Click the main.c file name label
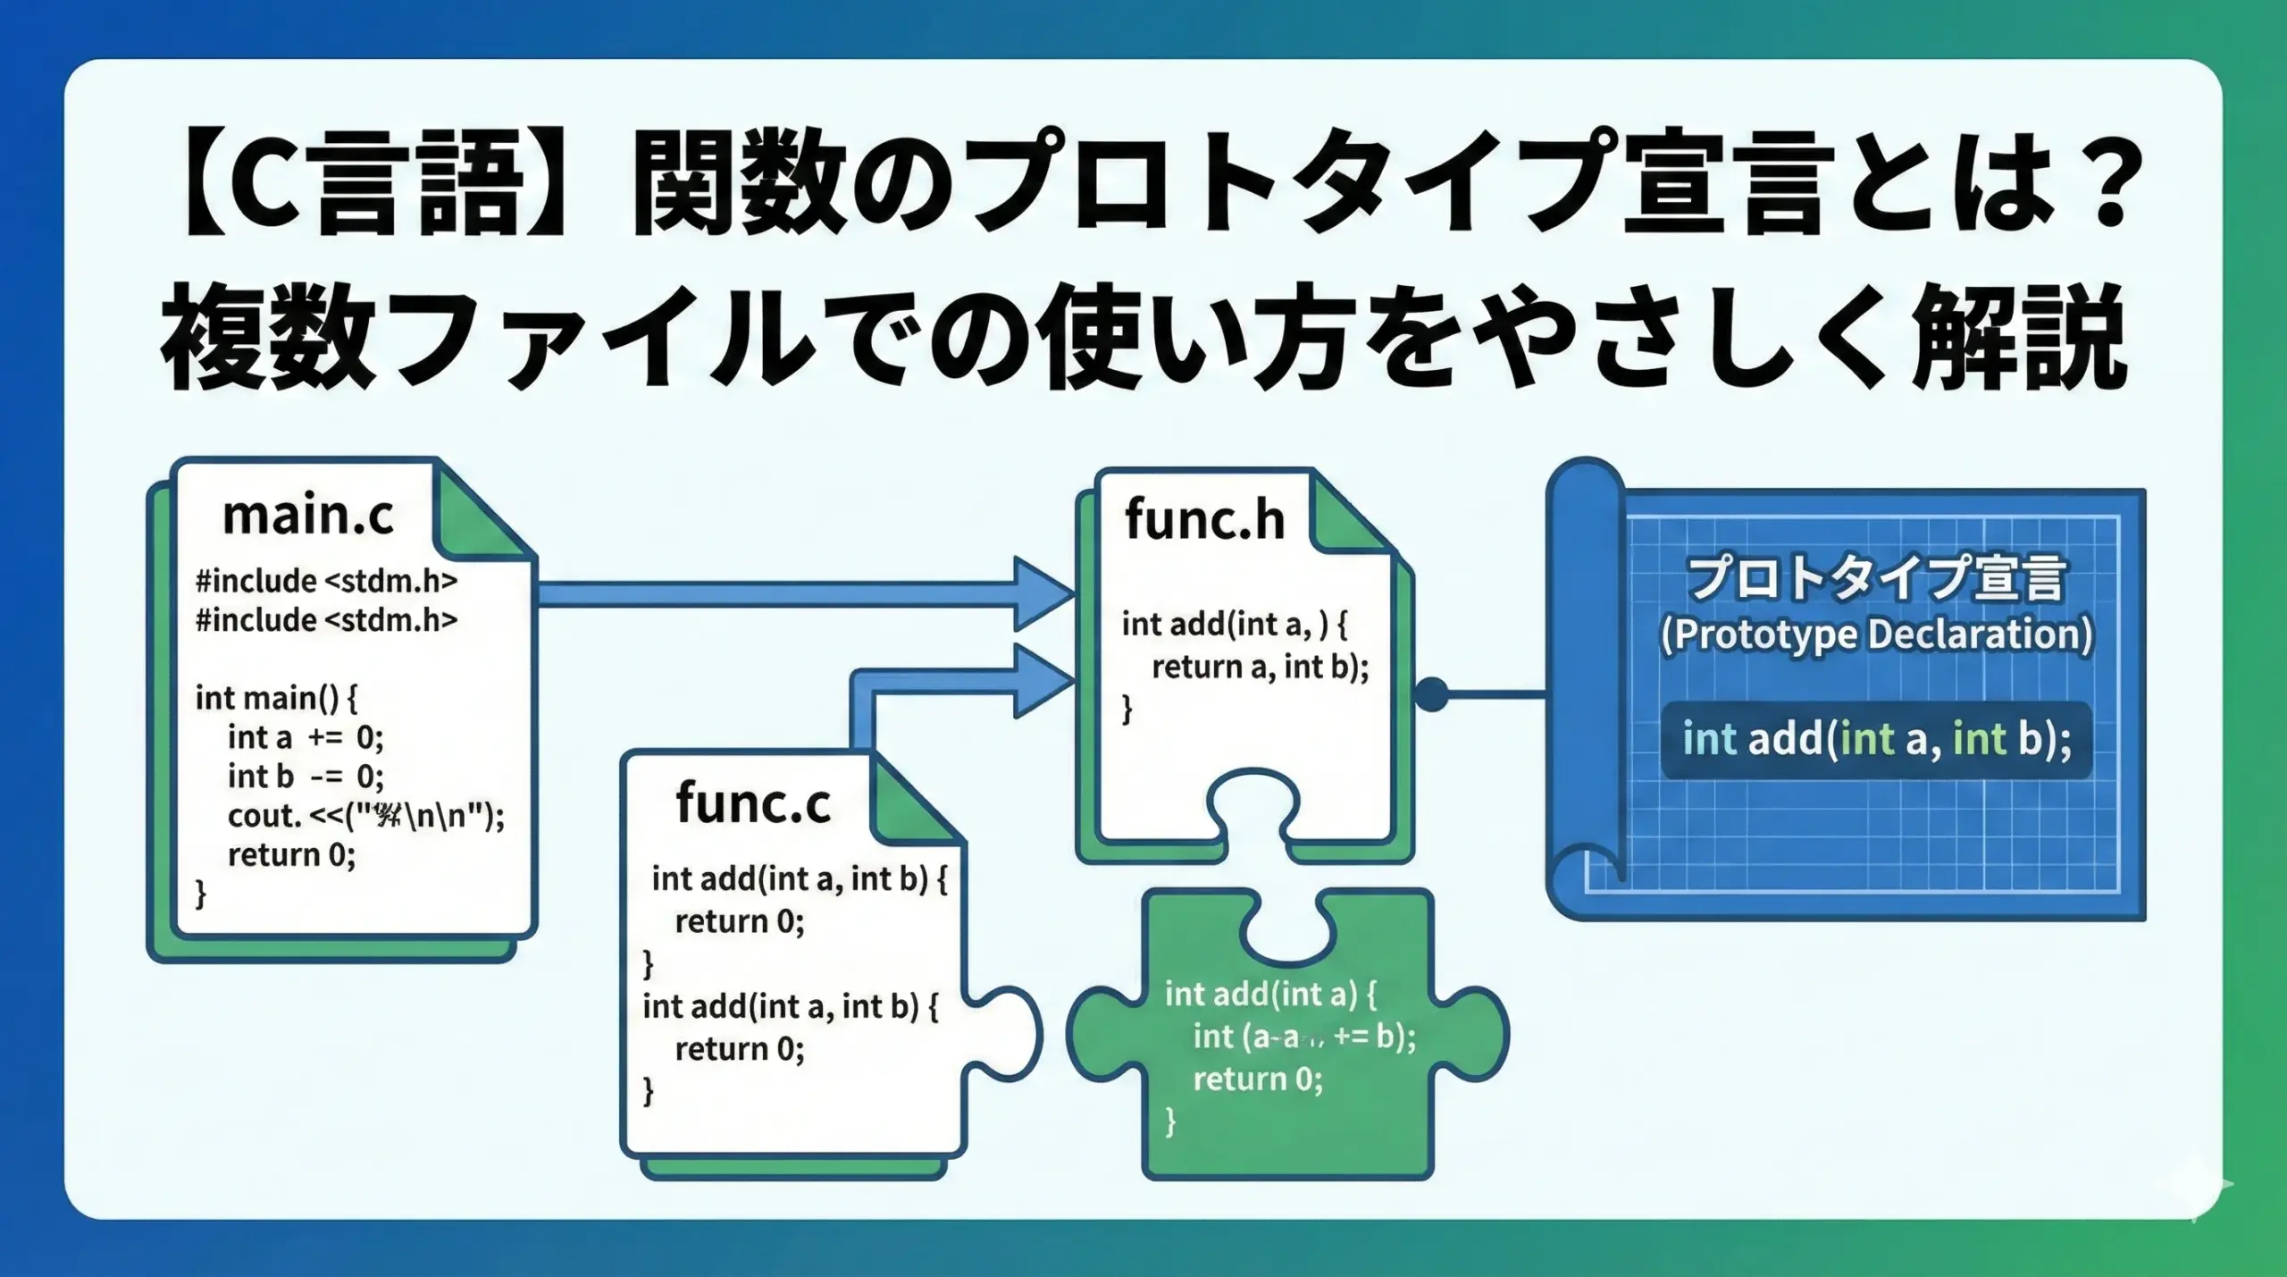(x=307, y=516)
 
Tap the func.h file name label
(x=1203, y=520)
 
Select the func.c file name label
(x=752, y=802)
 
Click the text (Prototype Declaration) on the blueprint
(x=1876, y=634)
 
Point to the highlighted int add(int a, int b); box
(x=1876, y=740)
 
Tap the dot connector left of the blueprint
(x=1431, y=693)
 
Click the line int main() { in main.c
(x=276, y=698)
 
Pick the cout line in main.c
(x=365, y=816)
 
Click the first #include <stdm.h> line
(x=326, y=582)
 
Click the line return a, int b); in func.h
(x=1260, y=668)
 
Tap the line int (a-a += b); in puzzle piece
(x=1304, y=1037)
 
